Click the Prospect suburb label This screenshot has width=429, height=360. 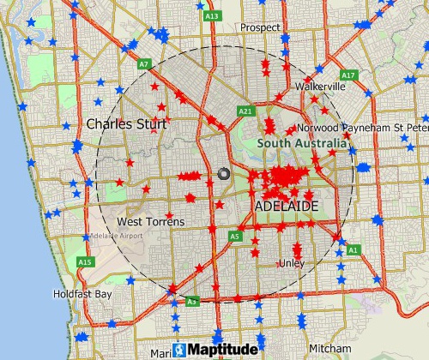(261, 27)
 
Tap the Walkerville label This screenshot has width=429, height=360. (319, 87)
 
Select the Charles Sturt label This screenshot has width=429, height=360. (127, 124)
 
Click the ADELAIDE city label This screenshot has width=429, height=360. (287, 207)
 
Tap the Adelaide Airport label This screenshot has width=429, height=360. (113, 235)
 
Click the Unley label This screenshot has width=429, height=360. (292, 263)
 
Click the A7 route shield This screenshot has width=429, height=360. (145, 64)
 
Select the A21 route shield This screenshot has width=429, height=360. (245, 111)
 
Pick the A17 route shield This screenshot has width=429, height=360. (347, 75)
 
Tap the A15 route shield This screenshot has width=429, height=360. (84, 261)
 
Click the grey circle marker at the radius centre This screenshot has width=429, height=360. (225, 173)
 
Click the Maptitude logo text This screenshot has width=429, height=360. (221, 350)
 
